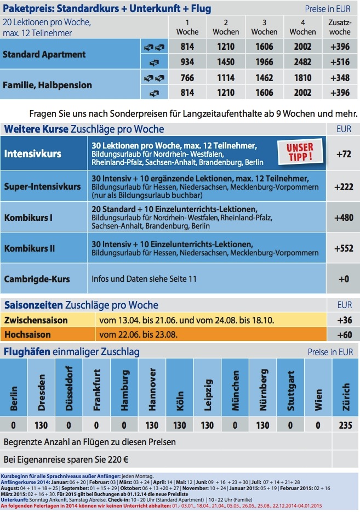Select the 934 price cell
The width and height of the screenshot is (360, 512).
187,61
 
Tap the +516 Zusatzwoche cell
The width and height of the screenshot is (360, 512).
340,61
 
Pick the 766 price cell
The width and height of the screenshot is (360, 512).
187,78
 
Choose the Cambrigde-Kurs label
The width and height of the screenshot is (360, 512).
37,279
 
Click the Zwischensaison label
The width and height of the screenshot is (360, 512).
36,320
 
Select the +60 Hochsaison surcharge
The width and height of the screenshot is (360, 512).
345,334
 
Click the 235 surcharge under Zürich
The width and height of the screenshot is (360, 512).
345,425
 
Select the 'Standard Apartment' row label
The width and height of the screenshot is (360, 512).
44,54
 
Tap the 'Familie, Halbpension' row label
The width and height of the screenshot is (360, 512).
47,85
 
